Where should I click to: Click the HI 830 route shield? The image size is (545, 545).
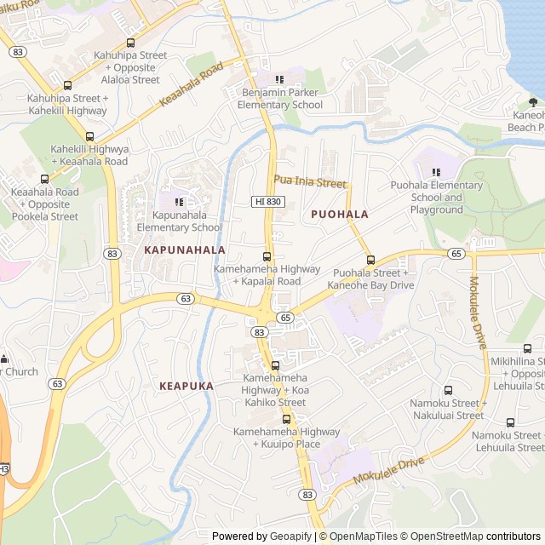[x=268, y=201]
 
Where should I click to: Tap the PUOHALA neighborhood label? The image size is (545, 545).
[x=340, y=215]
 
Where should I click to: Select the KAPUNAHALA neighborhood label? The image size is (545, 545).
[x=185, y=250]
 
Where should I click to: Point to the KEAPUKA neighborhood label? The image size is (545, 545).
[x=186, y=386]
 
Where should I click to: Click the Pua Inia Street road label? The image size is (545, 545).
[x=310, y=182]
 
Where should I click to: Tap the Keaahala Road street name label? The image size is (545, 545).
[x=191, y=84]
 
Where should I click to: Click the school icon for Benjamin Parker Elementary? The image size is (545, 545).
[x=279, y=79]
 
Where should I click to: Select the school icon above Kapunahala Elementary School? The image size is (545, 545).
[x=179, y=202]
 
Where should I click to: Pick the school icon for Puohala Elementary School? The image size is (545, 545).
[x=436, y=172]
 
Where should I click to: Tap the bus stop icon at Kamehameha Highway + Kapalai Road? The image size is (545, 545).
[x=267, y=256]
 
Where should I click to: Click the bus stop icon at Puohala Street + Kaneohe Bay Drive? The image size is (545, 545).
[x=370, y=260]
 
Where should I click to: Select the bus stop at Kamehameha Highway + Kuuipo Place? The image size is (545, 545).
[x=286, y=419]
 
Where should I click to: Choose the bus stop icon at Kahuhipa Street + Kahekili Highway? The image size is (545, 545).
[x=67, y=85]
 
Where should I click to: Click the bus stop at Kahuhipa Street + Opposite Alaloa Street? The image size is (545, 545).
[x=130, y=43]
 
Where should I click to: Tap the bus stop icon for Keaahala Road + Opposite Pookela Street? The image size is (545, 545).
[x=44, y=179]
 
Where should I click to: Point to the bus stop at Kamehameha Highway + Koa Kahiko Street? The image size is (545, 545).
[x=274, y=365]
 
